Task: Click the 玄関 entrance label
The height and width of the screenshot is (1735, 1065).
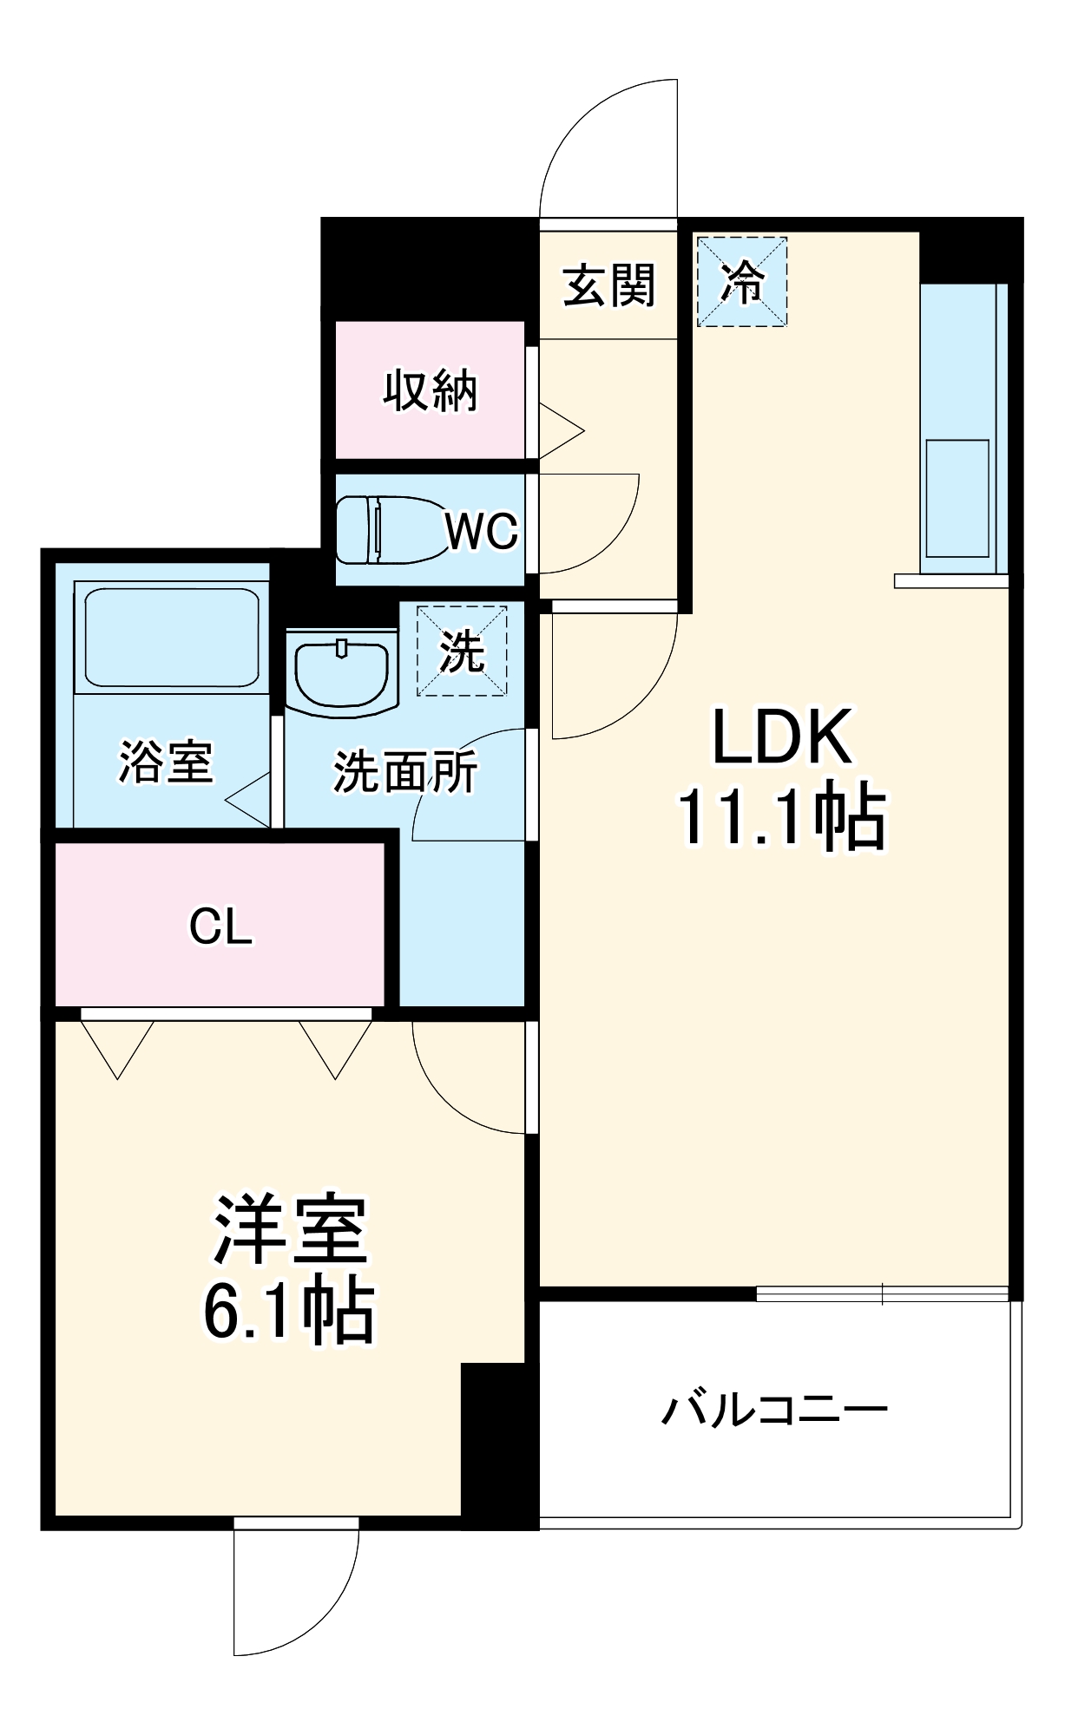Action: pyautogui.click(x=608, y=285)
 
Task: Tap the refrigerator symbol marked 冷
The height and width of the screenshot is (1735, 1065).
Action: pyautogui.click(x=742, y=282)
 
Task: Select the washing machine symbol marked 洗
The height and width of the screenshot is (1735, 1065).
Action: pyautogui.click(x=462, y=651)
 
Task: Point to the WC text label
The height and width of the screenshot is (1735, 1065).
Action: pyautogui.click(x=482, y=530)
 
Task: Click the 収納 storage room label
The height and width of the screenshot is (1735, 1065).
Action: pyautogui.click(x=431, y=390)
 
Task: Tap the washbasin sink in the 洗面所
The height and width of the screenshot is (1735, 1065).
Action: pyautogui.click(x=341, y=672)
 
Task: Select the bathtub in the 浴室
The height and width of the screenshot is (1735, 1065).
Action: pyautogui.click(x=171, y=638)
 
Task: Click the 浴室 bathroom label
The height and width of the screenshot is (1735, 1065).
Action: pyautogui.click(x=165, y=762)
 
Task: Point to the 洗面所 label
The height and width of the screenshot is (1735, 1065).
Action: pyautogui.click(x=404, y=770)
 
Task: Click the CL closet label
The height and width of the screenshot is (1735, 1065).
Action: pyautogui.click(x=220, y=926)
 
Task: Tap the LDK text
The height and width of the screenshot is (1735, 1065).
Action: pyautogui.click(x=781, y=737)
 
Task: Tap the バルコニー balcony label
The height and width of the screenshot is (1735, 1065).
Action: pyautogui.click(x=774, y=1410)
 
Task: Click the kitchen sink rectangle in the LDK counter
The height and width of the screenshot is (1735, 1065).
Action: pyautogui.click(x=957, y=499)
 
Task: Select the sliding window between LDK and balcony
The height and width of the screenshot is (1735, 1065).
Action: pyautogui.click(x=882, y=1294)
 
